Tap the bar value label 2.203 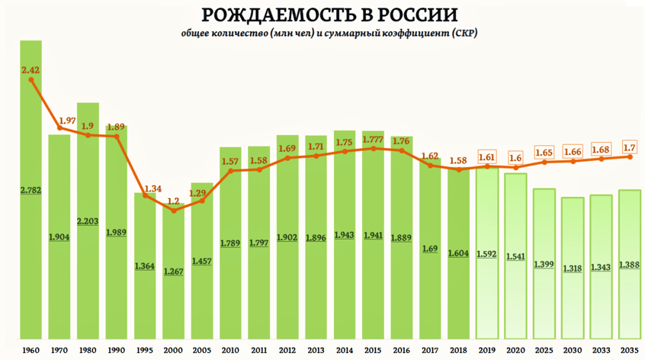pyautogui.click(x=88, y=220)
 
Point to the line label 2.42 pyautogui.click(x=31, y=70)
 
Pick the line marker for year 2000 pyautogui.click(x=174, y=210)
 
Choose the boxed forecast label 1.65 pyautogui.click(x=544, y=153)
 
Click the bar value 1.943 pyautogui.click(x=345, y=235)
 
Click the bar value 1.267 pyautogui.click(x=174, y=272)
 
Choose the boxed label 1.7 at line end pyautogui.click(x=630, y=147)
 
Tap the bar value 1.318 pyautogui.click(x=573, y=268)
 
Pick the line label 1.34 pyautogui.click(x=145, y=188)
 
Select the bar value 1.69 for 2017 pyautogui.click(x=430, y=249)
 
